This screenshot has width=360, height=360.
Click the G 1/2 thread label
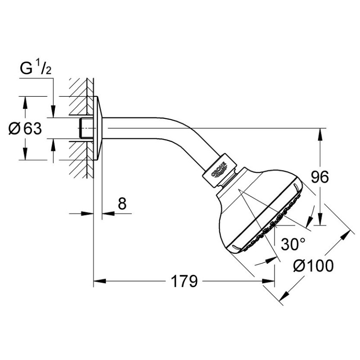[36, 68]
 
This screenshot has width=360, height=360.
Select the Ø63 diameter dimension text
[25, 129]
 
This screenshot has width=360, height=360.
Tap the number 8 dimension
[122, 203]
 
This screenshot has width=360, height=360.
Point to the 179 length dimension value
[184, 281]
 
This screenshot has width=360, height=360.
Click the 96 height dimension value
[320, 177]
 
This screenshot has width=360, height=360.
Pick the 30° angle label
[293, 244]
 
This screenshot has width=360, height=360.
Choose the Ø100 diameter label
[313, 265]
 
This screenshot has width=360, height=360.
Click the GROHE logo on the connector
[219, 170]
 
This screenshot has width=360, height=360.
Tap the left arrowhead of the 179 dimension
[99, 281]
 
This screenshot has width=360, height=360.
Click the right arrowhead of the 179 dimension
[268, 281]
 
